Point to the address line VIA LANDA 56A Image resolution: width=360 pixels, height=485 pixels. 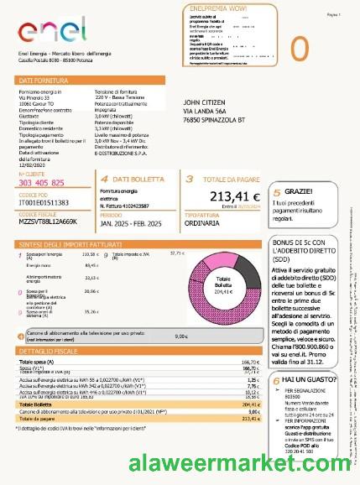point(206,112)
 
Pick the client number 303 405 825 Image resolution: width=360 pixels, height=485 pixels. point(42,182)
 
